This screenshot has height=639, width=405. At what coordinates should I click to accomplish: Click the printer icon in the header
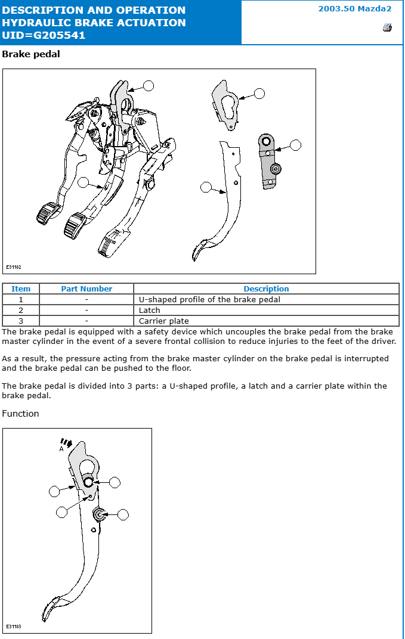[387, 27]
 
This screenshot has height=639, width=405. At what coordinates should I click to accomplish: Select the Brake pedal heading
[31, 54]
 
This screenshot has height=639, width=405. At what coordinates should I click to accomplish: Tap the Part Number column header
[86, 289]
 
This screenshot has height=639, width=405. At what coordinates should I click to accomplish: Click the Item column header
[21, 289]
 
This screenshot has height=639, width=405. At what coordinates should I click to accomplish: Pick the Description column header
[266, 289]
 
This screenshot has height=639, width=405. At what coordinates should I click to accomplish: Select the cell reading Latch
[150, 311]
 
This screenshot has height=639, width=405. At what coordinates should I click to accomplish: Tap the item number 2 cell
[21, 311]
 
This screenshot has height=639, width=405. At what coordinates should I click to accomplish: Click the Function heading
[20, 414]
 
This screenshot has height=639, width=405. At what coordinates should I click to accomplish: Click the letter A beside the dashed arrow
[61, 449]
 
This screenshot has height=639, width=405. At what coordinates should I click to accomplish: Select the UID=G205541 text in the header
[44, 35]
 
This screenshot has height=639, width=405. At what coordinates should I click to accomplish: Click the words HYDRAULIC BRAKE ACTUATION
[94, 23]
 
